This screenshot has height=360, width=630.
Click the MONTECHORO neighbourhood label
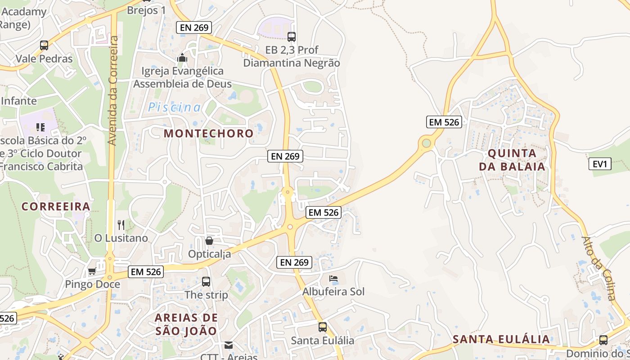[209, 134]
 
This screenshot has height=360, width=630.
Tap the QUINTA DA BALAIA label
[512, 160]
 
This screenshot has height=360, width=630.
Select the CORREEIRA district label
[56, 207]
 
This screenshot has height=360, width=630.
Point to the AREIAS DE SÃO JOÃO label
[186, 324]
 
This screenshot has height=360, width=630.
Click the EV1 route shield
[600, 164]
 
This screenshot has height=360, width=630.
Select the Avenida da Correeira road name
[112, 90]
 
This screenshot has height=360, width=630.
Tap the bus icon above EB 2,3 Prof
[292, 37]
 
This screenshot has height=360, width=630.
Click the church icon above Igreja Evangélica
[182, 58]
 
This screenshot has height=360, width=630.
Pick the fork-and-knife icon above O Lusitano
[121, 225]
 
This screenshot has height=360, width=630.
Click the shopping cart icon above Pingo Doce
[92, 271]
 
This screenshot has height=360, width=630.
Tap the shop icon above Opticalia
[209, 241]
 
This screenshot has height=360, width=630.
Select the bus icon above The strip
[206, 282]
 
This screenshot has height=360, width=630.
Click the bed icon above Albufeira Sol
[333, 279]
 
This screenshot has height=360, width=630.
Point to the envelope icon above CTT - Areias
[229, 345]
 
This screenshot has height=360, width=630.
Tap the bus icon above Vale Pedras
[44, 45]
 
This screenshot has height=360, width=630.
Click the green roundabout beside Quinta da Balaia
[426, 144]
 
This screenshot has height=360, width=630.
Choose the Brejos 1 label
[146, 10]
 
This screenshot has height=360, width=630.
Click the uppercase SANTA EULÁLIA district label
[501, 339]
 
